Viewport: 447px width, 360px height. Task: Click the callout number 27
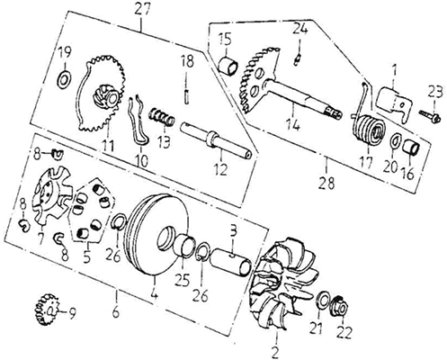(142, 10)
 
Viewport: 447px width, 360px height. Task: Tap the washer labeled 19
(64, 79)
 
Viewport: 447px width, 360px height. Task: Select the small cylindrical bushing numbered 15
(228, 65)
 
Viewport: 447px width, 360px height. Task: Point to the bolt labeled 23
(430, 116)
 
